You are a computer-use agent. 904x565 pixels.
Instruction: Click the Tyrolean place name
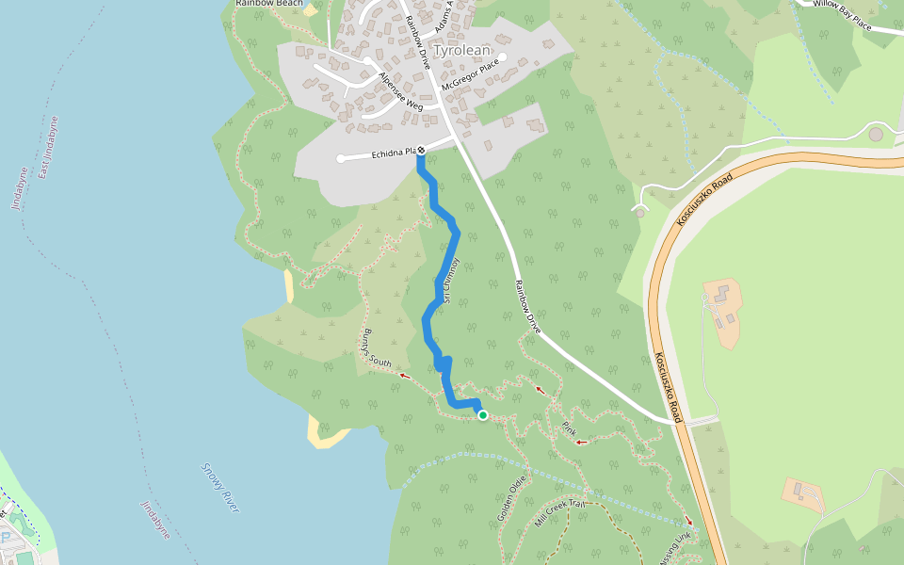coord(463,51)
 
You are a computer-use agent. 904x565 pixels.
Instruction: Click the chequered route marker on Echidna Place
coord(421,151)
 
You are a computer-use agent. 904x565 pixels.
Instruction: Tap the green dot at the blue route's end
coord(483,415)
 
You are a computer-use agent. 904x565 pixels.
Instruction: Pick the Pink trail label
coord(569,428)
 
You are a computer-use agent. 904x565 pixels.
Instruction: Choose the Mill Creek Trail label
coord(561,512)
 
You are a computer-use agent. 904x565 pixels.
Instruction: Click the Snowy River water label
coord(220,488)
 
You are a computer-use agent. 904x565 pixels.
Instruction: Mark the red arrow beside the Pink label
coord(581,442)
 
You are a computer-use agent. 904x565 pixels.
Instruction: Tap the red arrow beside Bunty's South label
coord(404,375)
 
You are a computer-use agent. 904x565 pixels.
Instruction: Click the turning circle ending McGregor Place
coord(503,57)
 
